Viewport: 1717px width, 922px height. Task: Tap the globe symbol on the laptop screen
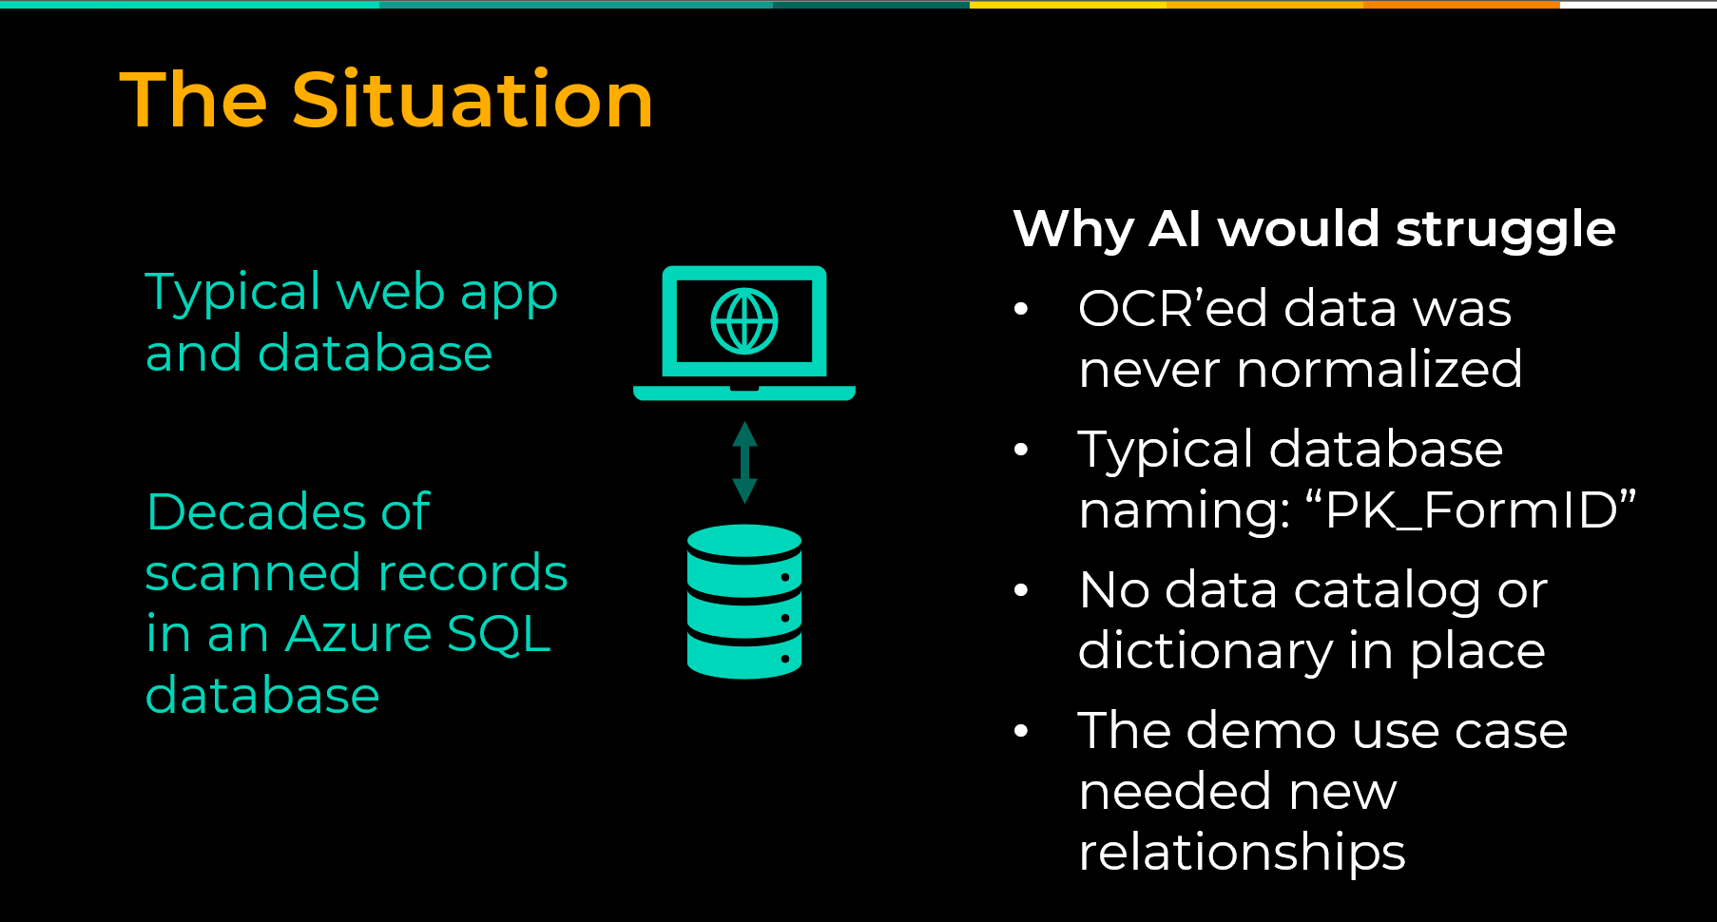[744, 321]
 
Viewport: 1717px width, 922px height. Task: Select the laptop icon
[744, 333]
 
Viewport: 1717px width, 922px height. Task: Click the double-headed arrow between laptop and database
[744, 462]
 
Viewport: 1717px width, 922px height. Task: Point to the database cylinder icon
[744, 602]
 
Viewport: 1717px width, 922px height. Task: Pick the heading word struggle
[1506, 231]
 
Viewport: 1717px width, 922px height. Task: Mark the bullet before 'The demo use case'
[1022, 731]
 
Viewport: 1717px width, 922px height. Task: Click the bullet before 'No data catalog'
[1022, 590]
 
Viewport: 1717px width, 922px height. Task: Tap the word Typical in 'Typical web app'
[233, 293]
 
